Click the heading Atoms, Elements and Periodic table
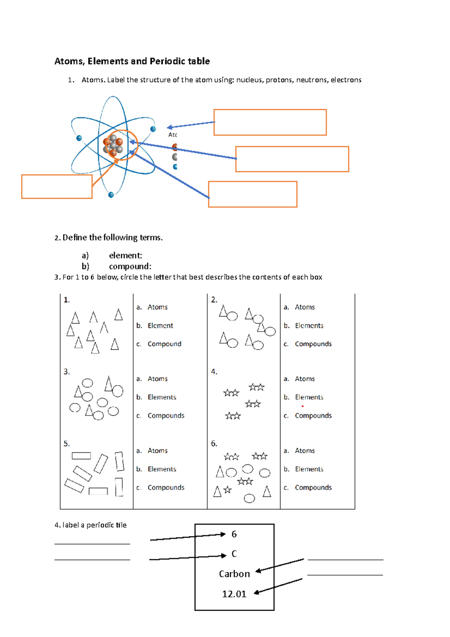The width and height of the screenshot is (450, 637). coord(132,61)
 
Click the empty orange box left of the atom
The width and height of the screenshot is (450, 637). coord(57,186)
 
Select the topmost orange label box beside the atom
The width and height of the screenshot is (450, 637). coord(270,122)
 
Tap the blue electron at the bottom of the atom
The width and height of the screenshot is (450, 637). coord(111,195)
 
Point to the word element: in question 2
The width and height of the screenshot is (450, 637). coord(125,255)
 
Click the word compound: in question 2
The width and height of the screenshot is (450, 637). coord(130,266)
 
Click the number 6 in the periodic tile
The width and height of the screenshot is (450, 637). coord(234,534)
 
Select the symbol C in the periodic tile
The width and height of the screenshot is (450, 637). coord(234,554)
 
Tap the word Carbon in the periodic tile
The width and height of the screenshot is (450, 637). coord(234,574)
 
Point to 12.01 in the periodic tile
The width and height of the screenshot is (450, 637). coord(234,594)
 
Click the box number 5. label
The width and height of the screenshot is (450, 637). coord(66,444)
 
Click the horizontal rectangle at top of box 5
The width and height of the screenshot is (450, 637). coord(81,456)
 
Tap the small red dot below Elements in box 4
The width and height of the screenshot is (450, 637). coord(303,406)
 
